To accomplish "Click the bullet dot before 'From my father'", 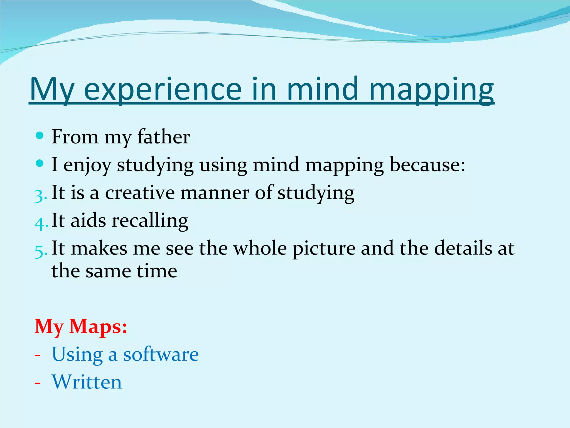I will point(40,136).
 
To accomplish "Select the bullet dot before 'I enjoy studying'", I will point(40,163).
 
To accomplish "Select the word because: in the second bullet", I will point(427,165).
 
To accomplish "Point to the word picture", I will point(324,249).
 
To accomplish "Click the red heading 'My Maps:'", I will point(81,326).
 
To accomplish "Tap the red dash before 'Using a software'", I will point(38,356).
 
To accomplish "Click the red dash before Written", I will point(38,383).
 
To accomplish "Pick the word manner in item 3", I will point(215,193).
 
